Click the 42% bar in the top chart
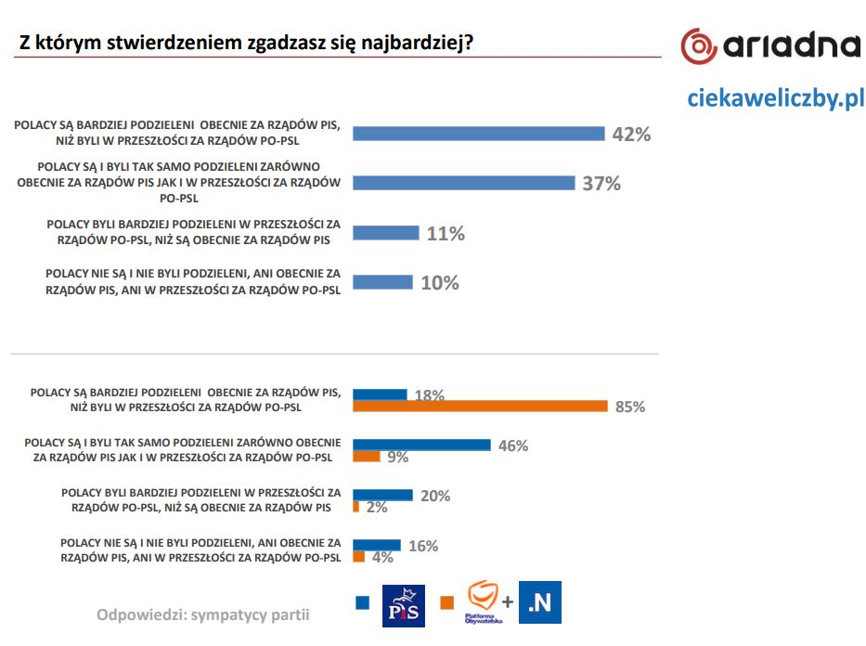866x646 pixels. coord(479,134)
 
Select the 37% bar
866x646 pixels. coord(464,183)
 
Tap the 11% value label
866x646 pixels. coord(446,234)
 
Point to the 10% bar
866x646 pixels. coord(382,282)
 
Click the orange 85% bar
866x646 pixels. coord(480,406)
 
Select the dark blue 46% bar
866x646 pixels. coord(421,445)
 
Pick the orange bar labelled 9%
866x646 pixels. coord(367,457)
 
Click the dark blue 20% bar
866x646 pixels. coord(382,495)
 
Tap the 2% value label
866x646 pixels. coord(376,507)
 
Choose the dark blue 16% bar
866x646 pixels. coord(377,545)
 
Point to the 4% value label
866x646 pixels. coord(382,557)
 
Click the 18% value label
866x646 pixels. coord(429,395)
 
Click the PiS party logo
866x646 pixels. coord(404,605)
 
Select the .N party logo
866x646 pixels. coord(540,603)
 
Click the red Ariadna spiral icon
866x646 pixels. coord(699,45)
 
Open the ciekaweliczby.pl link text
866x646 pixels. coord(775,97)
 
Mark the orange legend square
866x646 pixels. coord(447,602)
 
